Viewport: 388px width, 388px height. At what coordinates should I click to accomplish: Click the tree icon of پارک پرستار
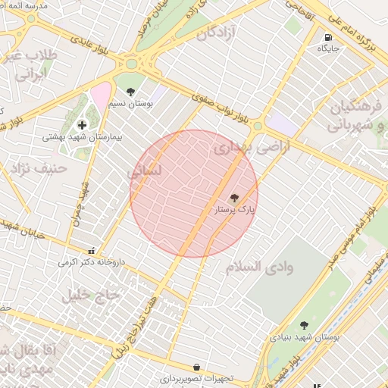(x=233, y=197)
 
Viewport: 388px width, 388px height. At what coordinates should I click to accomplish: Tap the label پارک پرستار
(x=236, y=208)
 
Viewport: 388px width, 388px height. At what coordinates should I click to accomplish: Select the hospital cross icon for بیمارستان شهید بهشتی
(x=82, y=124)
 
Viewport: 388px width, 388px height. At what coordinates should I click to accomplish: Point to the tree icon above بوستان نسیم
(x=130, y=91)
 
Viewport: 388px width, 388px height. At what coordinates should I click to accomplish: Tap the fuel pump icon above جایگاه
(x=328, y=37)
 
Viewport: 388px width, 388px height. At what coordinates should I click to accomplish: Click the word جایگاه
(x=329, y=48)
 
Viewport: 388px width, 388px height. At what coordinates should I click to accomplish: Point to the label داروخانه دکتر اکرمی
(x=92, y=262)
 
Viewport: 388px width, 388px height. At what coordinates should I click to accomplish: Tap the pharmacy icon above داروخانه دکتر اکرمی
(x=92, y=251)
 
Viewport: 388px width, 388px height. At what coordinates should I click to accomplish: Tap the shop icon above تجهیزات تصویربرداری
(x=196, y=367)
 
